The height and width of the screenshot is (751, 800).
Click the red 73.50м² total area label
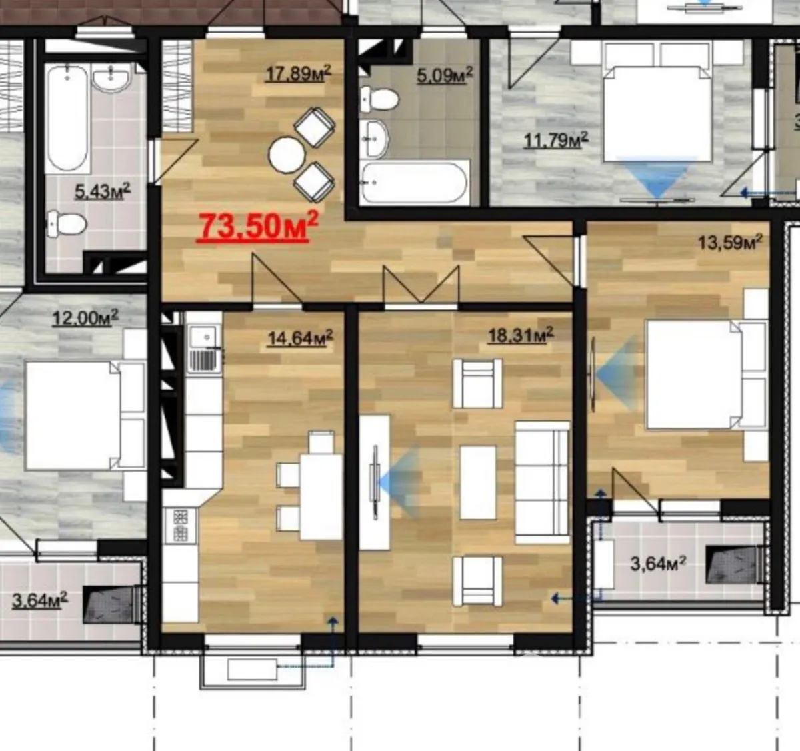point(257,227)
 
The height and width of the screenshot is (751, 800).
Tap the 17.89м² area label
point(299,74)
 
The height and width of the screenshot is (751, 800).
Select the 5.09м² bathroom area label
point(445,75)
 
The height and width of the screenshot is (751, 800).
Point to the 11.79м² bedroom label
point(556,141)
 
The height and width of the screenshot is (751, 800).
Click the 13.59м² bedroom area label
point(730,243)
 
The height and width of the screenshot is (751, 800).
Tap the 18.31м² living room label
point(521,335)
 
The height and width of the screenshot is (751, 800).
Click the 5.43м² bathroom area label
point(103,191)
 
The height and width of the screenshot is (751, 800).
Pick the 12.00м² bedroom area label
point(85,318)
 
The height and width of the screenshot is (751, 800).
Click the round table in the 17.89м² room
point(287,155)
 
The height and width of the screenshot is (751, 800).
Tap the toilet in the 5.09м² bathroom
point(379,99)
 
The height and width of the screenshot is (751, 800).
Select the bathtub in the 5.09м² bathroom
point(415,183)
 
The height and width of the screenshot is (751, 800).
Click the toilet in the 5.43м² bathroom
point(67,224)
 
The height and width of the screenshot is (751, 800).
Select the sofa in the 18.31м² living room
point(543,482)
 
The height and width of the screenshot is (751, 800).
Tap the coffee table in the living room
point(478,482)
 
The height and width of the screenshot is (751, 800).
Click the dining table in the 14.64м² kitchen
point(321,497)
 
